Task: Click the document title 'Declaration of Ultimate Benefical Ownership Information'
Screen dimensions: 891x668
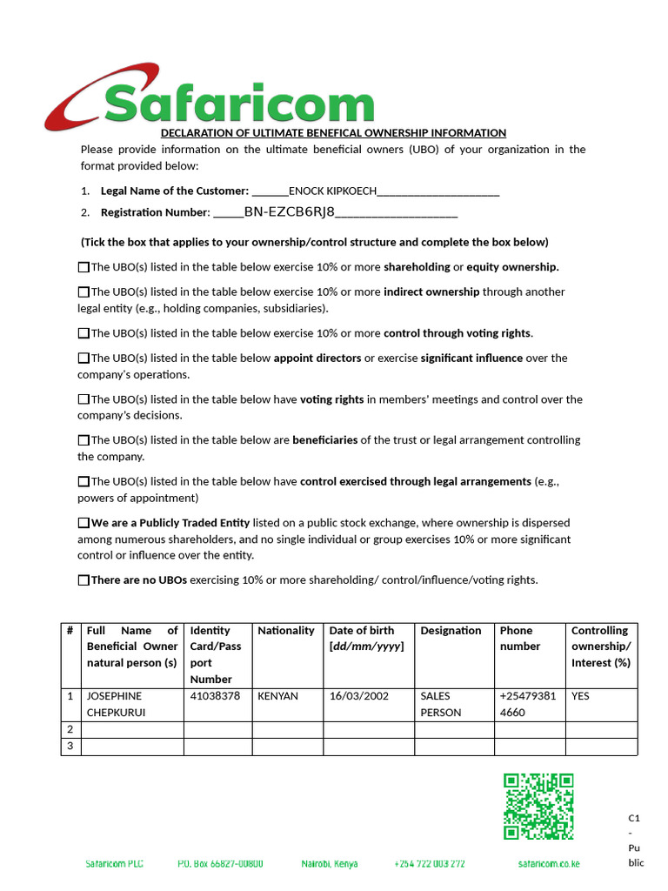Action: (x=333, y=133)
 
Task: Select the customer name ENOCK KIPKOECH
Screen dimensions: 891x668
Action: (x=332, y=191)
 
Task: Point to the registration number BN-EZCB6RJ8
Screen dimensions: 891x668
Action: (x=290, y=212)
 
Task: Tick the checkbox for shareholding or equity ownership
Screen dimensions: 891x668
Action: (x=83, y=267)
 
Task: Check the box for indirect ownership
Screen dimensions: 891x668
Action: (x=83, y=292)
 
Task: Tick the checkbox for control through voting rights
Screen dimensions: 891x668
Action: (x=83, y=333)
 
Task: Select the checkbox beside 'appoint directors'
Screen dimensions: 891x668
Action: (x=83, y=358)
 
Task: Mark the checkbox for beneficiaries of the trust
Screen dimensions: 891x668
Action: (x=83, y=440)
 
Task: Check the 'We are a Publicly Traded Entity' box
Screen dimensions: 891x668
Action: (x=83, y=523)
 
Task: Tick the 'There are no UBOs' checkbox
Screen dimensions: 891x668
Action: (x=83, y=580)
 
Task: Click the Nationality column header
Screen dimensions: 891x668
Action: (x=286, y=631)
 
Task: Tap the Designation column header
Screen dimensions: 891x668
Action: (x=451, y=631)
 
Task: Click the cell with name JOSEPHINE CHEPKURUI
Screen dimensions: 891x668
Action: (x=131, y=704)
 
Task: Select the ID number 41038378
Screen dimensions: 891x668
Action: (x=215, y=696)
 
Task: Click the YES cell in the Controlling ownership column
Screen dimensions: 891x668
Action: (x=580, y=696)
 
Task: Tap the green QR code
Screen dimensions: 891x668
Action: (x=538, y=807)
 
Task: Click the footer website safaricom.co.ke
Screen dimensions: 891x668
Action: (x=548, y=864)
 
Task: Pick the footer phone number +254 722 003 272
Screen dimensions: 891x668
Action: (x=430, y=864)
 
